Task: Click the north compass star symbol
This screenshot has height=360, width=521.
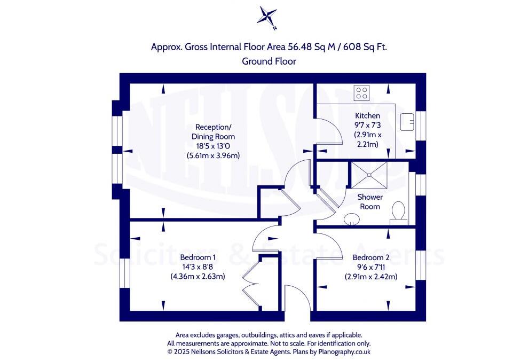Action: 267,17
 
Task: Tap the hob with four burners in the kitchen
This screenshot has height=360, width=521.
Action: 361,93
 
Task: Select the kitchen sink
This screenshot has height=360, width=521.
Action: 407,122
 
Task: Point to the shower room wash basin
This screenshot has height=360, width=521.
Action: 351,219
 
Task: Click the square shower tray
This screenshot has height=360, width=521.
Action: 369,175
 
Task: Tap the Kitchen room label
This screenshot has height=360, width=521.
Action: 367,116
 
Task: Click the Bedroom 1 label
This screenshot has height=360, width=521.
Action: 198,257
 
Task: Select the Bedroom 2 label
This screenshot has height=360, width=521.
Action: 371,257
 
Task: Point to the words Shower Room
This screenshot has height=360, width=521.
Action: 370,202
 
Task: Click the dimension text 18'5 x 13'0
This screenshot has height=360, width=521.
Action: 213,146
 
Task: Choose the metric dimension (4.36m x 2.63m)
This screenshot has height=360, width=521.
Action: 198,276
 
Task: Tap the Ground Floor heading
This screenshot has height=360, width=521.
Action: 269,61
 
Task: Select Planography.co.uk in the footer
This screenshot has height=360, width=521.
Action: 344,351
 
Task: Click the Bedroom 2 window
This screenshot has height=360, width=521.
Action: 421,265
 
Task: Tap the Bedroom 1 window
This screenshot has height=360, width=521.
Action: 124,273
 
